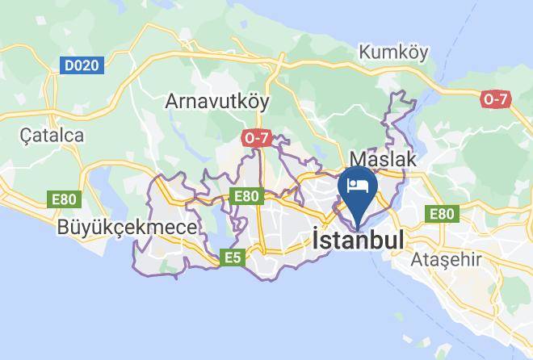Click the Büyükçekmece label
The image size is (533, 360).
point(127,228)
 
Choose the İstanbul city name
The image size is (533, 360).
point(357,241)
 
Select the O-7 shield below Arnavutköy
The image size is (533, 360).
point(254,138)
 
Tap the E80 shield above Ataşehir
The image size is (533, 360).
point(442,214)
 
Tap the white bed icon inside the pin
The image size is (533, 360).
point(357,184)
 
